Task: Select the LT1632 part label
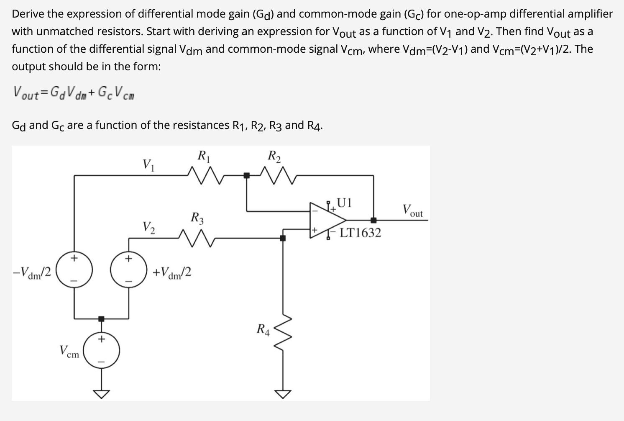[x=360, y=233]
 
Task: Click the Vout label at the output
[x=412, y=210]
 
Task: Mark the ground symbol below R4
[x=283, y=393]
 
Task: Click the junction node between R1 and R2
[x=247, y=175]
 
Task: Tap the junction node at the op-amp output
[x=373, y=220]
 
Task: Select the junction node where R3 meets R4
[x=283, y=238]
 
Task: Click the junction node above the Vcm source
[x=101, y=319]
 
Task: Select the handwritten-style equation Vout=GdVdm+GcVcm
[x=74, y=92]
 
